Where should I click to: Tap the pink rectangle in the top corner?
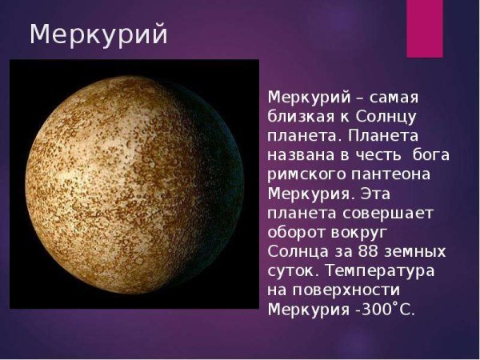click(x=424, y=28)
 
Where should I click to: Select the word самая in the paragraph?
click(x=398, y=97)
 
